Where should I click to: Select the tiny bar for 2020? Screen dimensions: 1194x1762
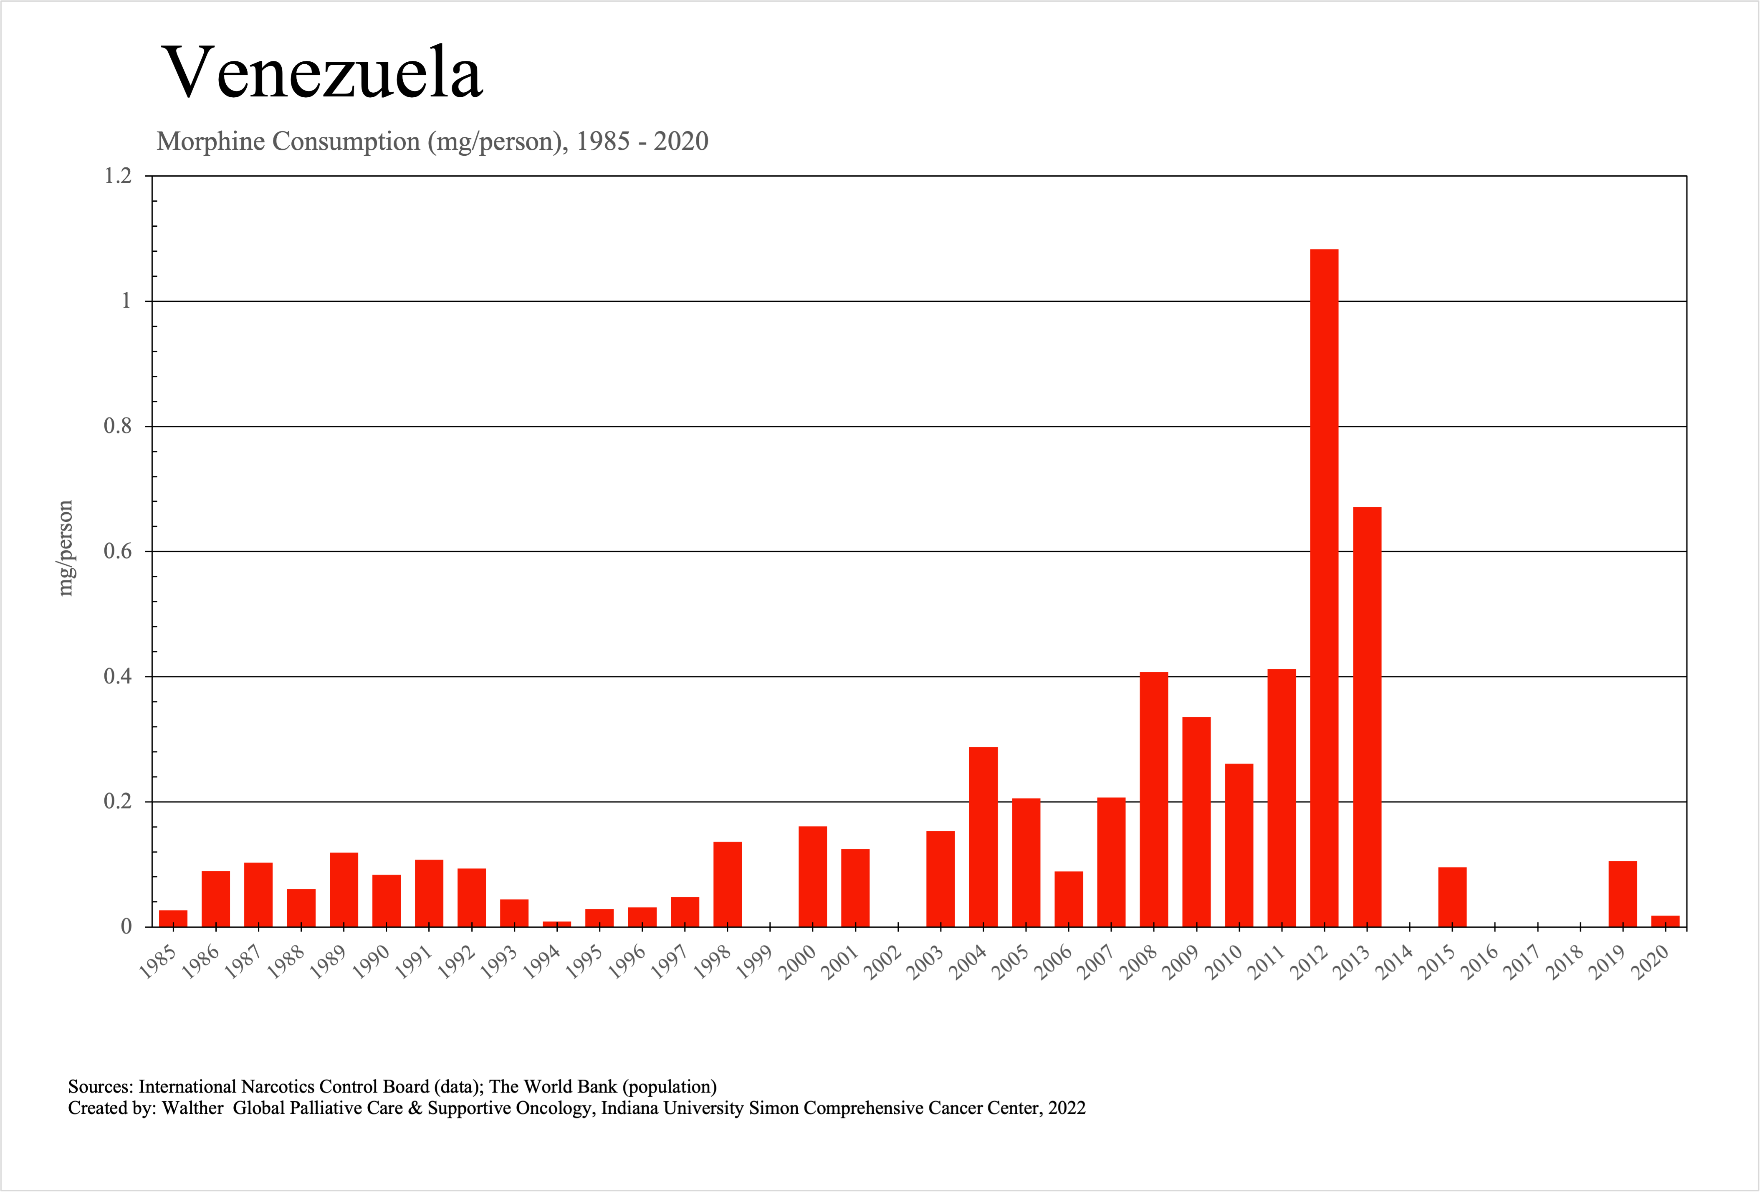click(x=1665, y=921)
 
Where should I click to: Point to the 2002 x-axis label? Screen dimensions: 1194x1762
click(x=883, y=963)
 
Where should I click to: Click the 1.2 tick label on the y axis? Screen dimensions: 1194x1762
click(x=118, y=176)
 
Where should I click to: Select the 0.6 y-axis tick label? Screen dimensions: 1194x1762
click(x=118, y=551)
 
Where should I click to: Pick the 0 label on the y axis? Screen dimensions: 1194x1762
click(x=126, y=926)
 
